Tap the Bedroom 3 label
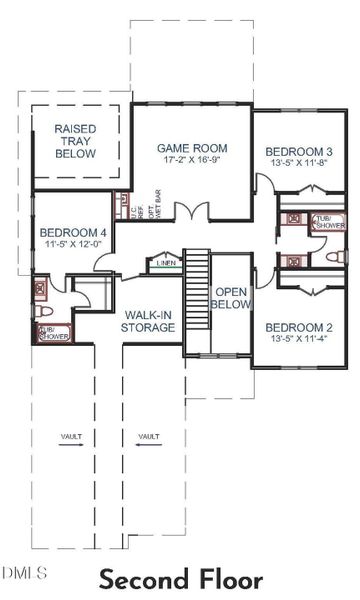(x=299, y=152)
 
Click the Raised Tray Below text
(x=75, y=142)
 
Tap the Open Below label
(x=231, y=297)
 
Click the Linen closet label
(x=166, y=264)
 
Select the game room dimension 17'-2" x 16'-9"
(x=189, y=160)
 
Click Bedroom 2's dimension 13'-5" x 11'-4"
(x=299, y=340)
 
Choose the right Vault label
(x=149, y=436)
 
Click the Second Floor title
(x=181, y=580)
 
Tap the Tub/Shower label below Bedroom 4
(x=50, y=333)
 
